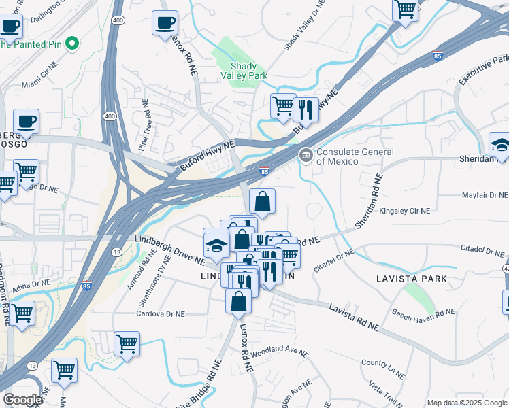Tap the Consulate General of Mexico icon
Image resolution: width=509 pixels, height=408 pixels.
[x=306, y=156]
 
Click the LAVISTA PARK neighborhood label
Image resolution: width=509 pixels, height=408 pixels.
[x=412, y=279]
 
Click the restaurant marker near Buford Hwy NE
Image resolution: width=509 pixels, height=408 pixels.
[x=306, y=109]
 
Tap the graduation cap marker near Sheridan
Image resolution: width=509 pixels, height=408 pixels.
[x=501, y=146]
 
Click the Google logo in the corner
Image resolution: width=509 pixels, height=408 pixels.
[x=22, y=400]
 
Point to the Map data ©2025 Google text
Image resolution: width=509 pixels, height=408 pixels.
[x=467, y=403]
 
